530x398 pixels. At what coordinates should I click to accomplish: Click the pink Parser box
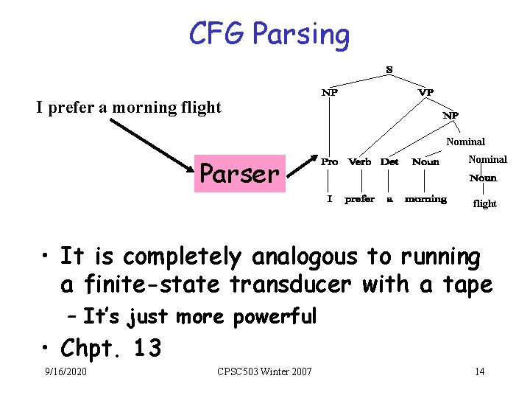pos(240,174)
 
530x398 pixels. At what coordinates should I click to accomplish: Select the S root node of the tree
pos(389,70)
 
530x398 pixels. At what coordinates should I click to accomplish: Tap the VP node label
pos(425,92)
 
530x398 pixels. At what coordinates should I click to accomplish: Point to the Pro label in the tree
pos(329,161)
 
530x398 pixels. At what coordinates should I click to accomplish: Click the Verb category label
pos(359,161)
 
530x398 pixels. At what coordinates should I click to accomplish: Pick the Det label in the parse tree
pos(389,161)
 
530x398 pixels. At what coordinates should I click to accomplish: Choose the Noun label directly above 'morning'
pos(425,161)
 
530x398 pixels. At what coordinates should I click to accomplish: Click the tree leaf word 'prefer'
pos(359,199)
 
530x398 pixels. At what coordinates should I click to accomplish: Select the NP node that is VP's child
pos(451,116)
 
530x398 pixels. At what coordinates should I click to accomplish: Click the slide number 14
pos(479,371)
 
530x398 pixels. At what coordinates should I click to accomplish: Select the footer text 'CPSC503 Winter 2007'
pos(264,371)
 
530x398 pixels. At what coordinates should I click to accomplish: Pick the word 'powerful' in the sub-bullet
pos(275,317)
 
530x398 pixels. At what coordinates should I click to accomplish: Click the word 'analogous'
pos(311,257)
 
